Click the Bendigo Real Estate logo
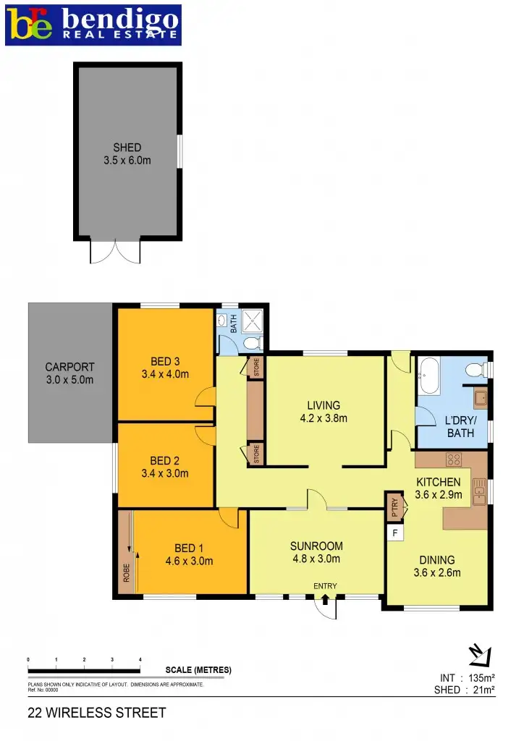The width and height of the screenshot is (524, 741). tap(92, 25)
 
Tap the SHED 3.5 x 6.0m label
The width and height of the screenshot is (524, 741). tap(127, 154)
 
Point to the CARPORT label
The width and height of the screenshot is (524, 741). tap(69, 373)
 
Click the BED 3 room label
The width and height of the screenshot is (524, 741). tap(165, 368)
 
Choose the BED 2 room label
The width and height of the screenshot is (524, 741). tap(165, 467)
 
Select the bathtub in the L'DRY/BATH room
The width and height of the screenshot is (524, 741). tap(429, 376)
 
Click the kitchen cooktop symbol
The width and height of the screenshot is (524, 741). tap(455, 460)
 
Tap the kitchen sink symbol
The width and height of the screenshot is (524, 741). tap(478, 493)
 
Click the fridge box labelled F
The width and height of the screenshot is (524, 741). tap(395, 533)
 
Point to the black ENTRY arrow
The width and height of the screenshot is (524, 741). tap(324, 598)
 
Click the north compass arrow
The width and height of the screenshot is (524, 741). tap(479, 654)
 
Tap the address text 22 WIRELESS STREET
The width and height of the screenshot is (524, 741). tap(96, 713)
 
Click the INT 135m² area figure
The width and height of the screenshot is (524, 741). tap(467, 678)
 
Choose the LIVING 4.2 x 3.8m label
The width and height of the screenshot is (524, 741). tap(323, 412)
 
